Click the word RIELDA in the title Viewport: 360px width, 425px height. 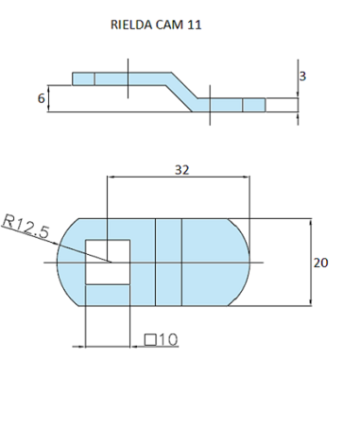point(132,27)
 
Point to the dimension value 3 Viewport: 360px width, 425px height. point(302,76)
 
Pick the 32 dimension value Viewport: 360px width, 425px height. point(180,170)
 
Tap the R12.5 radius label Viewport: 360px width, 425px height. point(26,227)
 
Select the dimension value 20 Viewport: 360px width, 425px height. point(320,263)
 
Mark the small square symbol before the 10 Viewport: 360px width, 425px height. point(149,338)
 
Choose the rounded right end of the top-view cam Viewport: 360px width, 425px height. point(241,262)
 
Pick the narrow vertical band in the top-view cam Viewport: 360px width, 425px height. point(167,262)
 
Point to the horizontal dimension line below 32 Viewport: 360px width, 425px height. point(180,178)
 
